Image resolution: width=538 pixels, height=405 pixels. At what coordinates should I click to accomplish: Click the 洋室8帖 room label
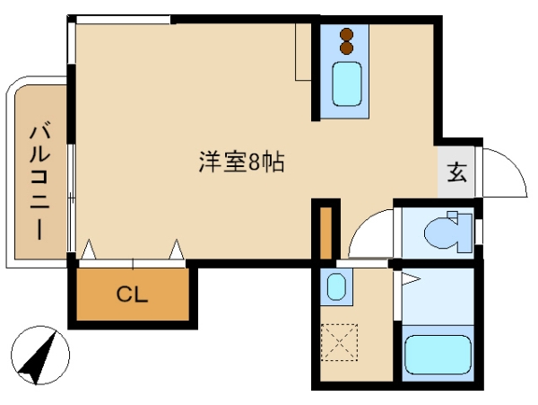click(241, 163)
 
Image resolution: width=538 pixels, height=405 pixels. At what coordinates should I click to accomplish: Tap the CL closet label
click(132, 294)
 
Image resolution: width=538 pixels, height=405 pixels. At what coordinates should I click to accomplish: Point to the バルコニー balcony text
click(39, 182)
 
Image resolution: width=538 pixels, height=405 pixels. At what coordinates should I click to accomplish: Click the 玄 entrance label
click(457, 172)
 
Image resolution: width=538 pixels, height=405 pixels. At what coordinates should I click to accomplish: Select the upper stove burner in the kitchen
click(346, 34)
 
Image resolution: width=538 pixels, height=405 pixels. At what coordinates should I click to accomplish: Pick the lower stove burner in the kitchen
click(346, 48)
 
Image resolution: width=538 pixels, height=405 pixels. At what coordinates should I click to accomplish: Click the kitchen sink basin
click(346, 84)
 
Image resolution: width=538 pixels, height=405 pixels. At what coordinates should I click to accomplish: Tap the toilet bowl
click(441, 233)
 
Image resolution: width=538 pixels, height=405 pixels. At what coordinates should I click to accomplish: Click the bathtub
click(438, 355)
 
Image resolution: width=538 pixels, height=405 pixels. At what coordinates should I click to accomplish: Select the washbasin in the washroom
click(336, 286)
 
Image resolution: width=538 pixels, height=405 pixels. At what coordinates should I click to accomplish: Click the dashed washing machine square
click(339, 342)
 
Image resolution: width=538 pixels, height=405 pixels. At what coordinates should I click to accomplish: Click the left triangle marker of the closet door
click(89, 249)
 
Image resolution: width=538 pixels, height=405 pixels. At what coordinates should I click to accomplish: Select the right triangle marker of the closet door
click(177, 249)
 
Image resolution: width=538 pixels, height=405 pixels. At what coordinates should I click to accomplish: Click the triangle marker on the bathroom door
click(411, 278)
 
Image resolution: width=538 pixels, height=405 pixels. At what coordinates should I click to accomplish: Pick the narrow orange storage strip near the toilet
click(326, 233)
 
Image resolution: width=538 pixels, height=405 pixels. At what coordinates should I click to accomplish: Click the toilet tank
click(464, 233)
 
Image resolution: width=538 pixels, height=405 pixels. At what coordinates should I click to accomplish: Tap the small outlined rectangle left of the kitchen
click(303, 52)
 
